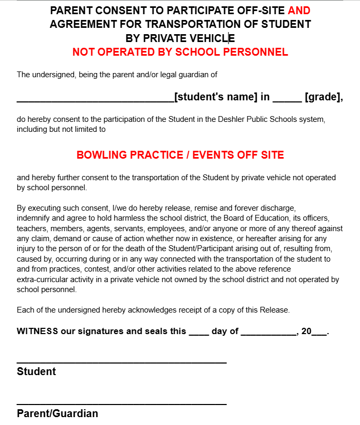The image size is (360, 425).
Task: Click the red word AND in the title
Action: pyautogui.click(x=299, y=10)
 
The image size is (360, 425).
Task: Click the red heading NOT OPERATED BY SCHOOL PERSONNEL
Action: pyautogui.click(x=180, y=52)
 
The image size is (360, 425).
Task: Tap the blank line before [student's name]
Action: pyautogui.click(x=95, y=98)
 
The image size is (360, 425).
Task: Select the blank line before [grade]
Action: pyautogui.click(x=287, y=98)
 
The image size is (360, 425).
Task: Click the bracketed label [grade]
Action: pyautogui.click(x=323, y=97)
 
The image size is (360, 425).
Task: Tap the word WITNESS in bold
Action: pyautogui.click(x=37, y=331)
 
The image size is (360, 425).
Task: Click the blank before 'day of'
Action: pyautogui.click(x=199, y=333)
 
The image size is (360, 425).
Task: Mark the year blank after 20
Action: pyautogui.click(x=319, y=333)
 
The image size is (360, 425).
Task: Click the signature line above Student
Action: pyautogui.click(x=122, y=362)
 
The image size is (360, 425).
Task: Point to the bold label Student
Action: pyautogui.click(x=36, y=371)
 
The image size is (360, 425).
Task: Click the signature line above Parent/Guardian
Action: pyautogui.click(x=122, y=404)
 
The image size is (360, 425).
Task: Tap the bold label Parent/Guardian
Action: pyautogui.click(x=57, y=413)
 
